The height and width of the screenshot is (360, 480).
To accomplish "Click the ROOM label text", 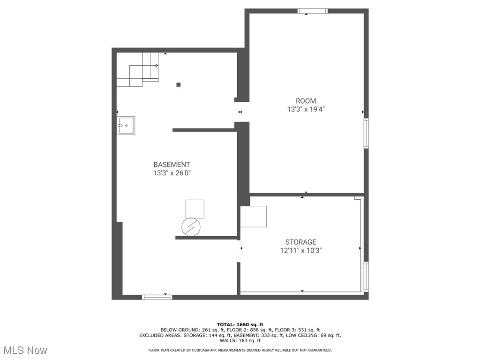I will [306, 101].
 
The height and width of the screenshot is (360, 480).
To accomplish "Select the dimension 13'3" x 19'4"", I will [306, 109].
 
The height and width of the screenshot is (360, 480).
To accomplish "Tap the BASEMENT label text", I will [172, 165].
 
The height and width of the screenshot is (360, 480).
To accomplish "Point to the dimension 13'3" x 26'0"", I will [172, 173].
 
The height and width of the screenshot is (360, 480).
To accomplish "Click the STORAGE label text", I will [300, 242].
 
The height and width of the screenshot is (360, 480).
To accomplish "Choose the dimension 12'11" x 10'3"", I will [300, 250].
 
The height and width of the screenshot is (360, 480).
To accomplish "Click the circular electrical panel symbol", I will [191, 227].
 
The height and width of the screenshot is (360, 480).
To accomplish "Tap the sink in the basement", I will [126, 126].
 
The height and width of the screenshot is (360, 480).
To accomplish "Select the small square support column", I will [178, 85].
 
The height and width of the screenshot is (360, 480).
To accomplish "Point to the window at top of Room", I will [313, 11].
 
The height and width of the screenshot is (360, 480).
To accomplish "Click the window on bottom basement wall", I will [157, 297].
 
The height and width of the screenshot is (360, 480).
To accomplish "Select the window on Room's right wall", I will [366, 134].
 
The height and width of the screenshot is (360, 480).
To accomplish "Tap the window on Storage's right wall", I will [366, 277].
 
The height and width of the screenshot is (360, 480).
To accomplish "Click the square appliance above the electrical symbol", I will [195, 209].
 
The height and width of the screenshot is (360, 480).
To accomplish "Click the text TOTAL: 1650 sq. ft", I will [240, 324].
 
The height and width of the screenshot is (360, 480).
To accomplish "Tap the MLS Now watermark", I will [25, 350].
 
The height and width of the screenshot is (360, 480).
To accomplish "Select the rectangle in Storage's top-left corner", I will [253, 217].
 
